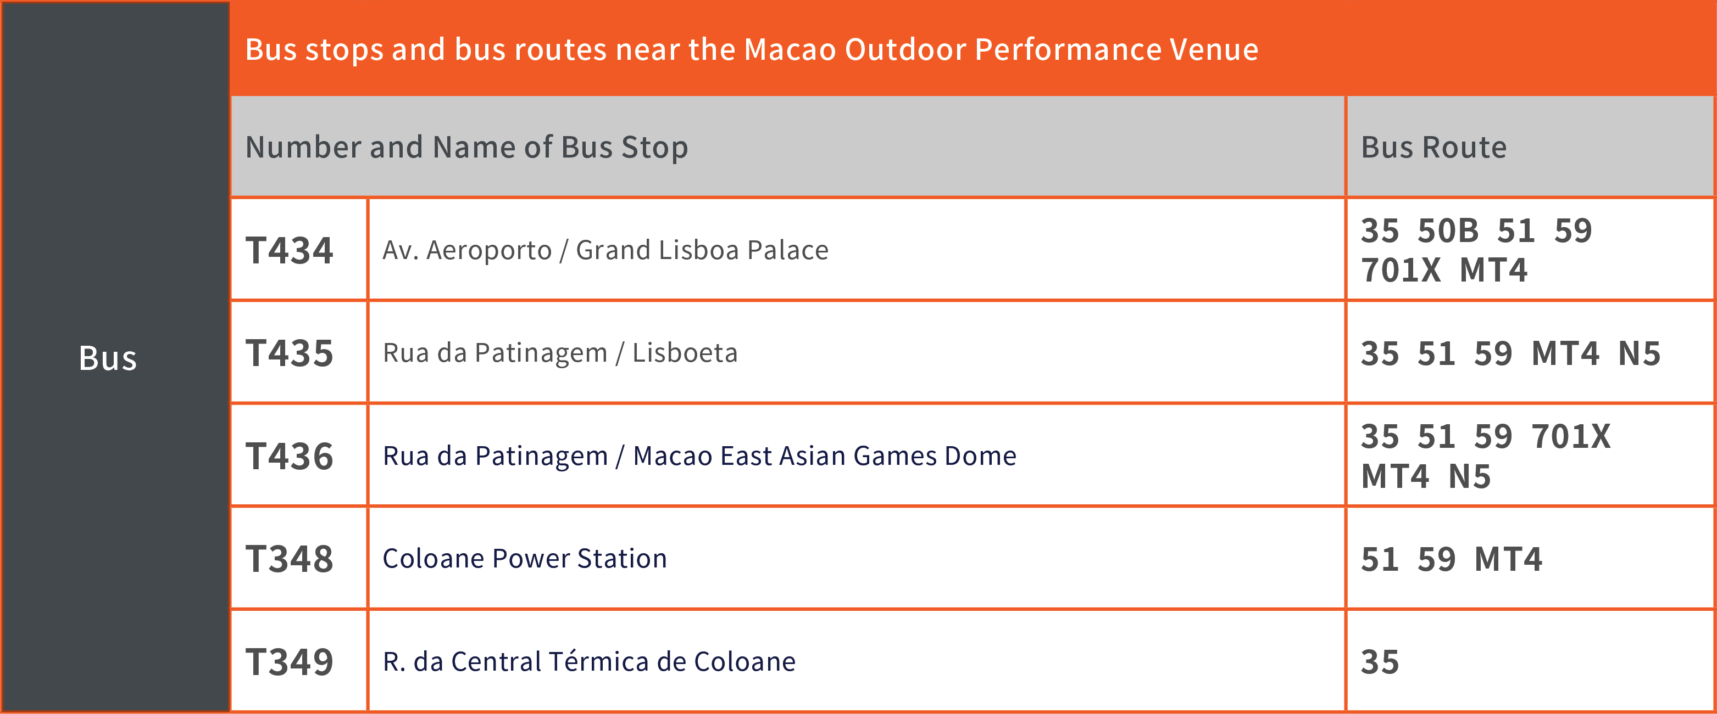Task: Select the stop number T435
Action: [289, 353]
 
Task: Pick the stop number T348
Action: [289, 559]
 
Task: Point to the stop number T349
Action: [289, 662]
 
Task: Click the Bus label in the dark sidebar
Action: [108, 358]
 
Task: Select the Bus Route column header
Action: [1433, 147]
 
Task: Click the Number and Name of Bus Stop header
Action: [466, 147]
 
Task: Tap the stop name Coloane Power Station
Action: [525, 558]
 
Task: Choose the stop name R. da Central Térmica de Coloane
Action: [589, 661]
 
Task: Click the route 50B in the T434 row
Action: [1448, 231]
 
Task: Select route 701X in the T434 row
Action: [1401, 271]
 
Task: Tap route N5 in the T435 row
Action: [1640, 353]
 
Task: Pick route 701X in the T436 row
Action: [1571, 437]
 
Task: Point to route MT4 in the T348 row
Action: [1508, 559]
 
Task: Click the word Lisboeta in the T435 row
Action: [685, 353]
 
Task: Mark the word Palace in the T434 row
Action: [787, 250]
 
